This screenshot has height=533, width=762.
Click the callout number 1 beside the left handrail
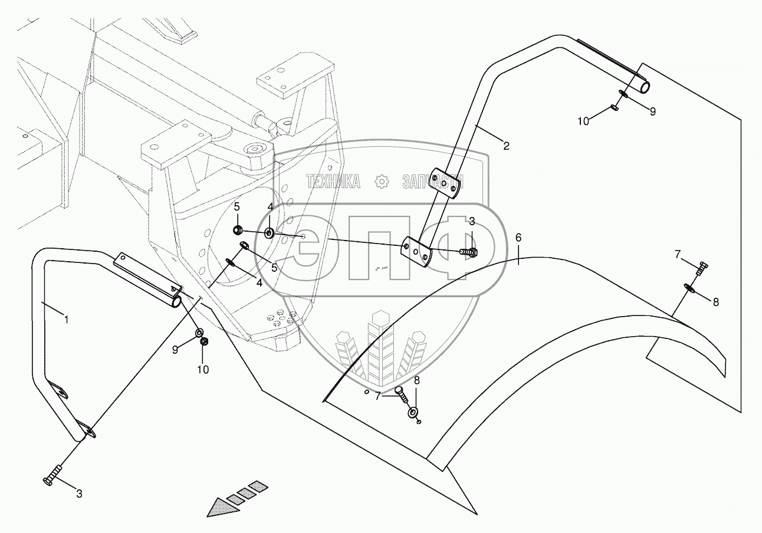point(67,320)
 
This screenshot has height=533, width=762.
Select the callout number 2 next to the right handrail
point(506,145)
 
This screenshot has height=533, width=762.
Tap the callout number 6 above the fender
point(518,238)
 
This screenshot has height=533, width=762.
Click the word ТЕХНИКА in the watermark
point(333,182)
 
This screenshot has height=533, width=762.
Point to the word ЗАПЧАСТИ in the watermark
point(433,182)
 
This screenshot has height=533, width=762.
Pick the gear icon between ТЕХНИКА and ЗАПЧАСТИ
point(383,182)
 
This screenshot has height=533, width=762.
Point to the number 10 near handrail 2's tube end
point(583,121)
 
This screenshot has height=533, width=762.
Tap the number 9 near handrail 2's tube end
point(652,110)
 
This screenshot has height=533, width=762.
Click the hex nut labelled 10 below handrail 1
point(203,342)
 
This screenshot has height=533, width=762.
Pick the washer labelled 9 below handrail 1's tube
point(199,334)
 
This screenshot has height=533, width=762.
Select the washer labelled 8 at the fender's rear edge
point(689,288)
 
